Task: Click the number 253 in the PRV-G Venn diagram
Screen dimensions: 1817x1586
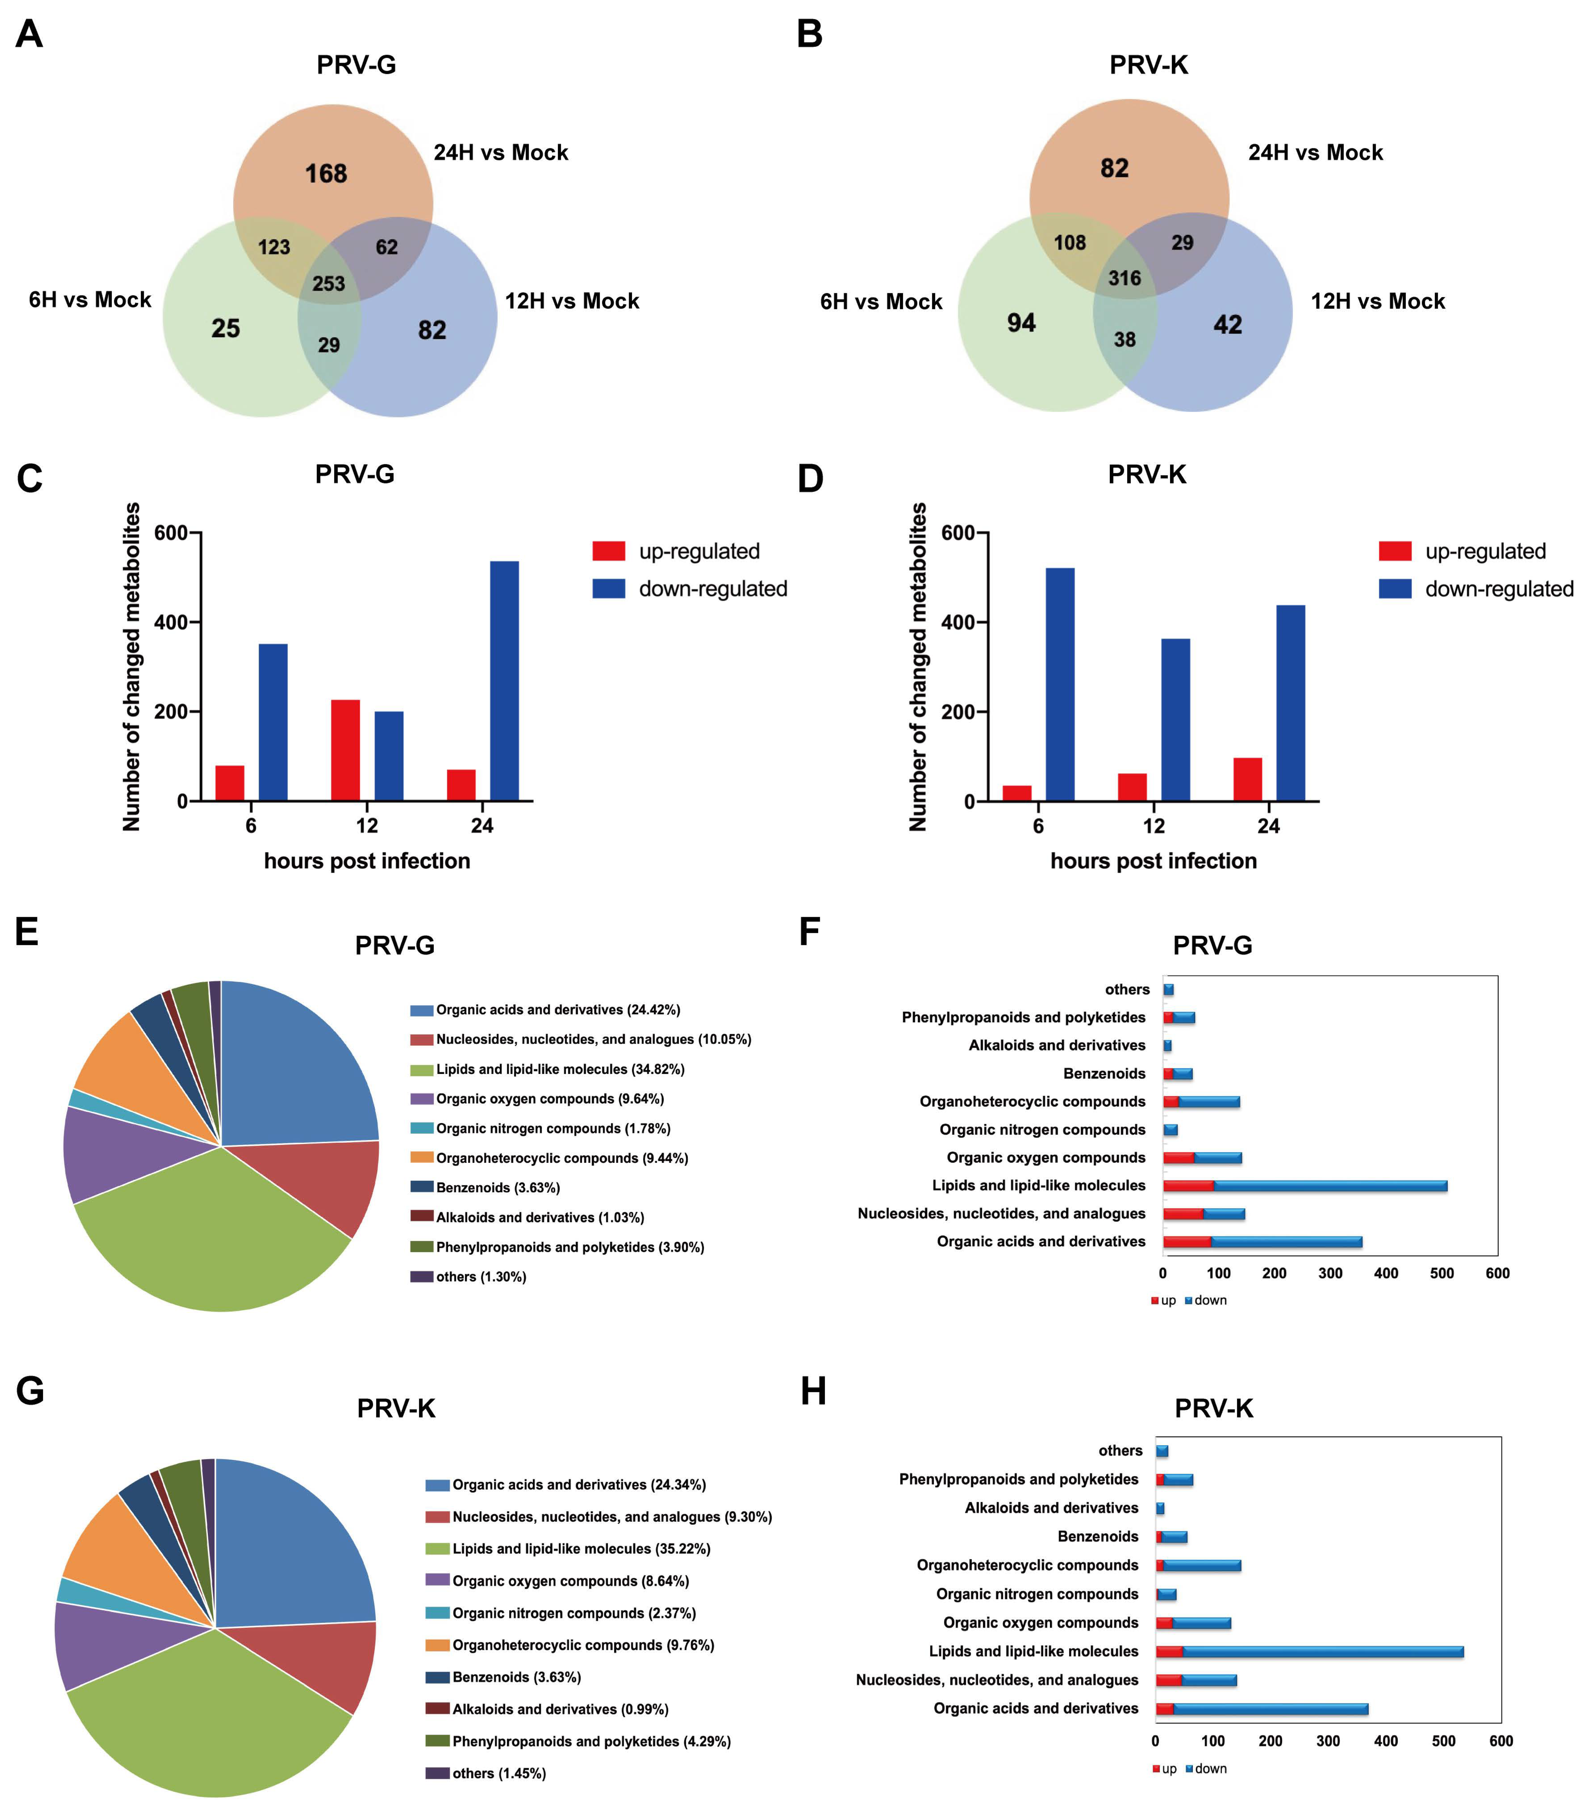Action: [328, 283]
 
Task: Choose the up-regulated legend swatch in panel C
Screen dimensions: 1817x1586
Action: [609, 552]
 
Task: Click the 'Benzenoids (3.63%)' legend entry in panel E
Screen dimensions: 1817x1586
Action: [497, 1188]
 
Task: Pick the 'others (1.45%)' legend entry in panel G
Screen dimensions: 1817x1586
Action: [498, 1773]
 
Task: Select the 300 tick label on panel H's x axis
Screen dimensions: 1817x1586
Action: [1328, 1741]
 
